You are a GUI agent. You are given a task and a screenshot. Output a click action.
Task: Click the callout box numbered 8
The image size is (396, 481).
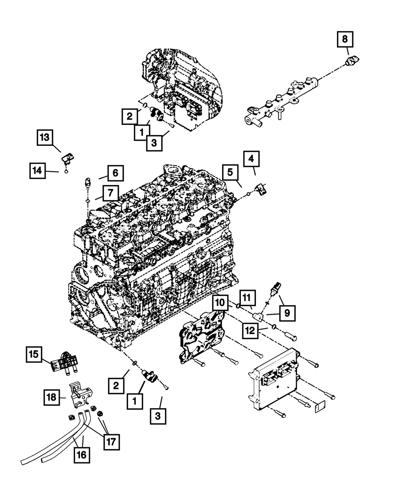(345, 39)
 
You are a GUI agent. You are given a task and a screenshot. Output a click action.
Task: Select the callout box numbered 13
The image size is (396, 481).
(45, 137)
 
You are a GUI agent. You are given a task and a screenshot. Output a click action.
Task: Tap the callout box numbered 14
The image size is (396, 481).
(37, 171)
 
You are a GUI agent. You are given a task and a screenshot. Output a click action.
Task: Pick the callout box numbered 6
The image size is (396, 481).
(115, 173)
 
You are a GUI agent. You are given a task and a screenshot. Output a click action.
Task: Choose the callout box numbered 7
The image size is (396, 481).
(111, 193)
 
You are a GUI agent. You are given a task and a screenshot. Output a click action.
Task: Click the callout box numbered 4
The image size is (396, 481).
(251, 159)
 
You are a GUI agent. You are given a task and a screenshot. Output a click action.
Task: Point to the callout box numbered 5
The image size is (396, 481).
(230, 172)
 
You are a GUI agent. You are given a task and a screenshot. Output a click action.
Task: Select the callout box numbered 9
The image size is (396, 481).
(287, 313)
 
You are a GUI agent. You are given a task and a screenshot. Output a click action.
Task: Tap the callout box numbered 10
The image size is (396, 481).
(220, 303)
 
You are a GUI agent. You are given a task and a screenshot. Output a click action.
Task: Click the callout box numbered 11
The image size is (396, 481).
(247, 298)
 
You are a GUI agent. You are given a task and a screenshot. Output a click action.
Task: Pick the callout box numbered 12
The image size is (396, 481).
(250, 331)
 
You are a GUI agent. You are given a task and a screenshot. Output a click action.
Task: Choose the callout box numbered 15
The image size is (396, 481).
(34, 354)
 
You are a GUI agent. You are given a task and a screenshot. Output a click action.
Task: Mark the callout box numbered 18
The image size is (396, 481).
(51, 397)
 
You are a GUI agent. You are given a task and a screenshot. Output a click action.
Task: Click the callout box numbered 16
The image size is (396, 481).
(82, 455)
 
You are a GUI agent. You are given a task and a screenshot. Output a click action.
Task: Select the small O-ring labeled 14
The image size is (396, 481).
(66, 172)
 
